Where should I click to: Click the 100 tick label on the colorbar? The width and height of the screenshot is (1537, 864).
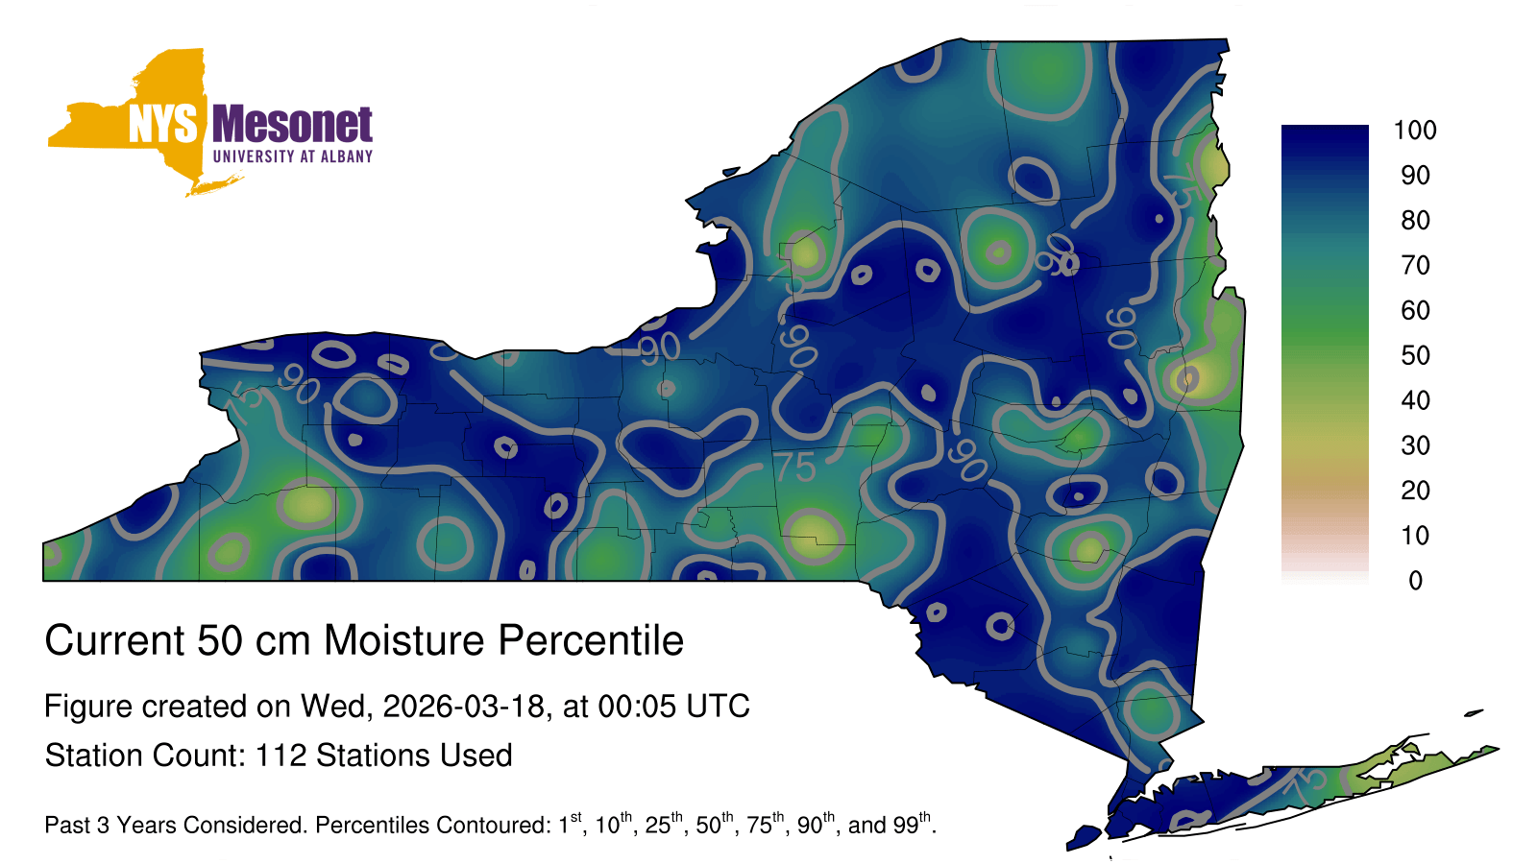[x=1415, y=131]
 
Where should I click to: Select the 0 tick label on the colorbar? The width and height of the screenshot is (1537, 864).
[x=1416, y=581]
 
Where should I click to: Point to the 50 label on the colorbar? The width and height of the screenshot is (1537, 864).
[x=1416, y=355]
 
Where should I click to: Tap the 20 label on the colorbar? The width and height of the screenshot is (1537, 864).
[x=1416, y=491]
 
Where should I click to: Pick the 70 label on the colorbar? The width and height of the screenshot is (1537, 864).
[x=1416, y=265]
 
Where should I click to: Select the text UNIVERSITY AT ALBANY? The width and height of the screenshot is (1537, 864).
[x=293, y=156]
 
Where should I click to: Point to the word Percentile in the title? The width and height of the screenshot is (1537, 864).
[x=591, y=640]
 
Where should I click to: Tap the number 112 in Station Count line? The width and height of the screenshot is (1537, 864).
[x=281, y=756]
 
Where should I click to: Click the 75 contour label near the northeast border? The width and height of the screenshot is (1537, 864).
[x=1183, y=185]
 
